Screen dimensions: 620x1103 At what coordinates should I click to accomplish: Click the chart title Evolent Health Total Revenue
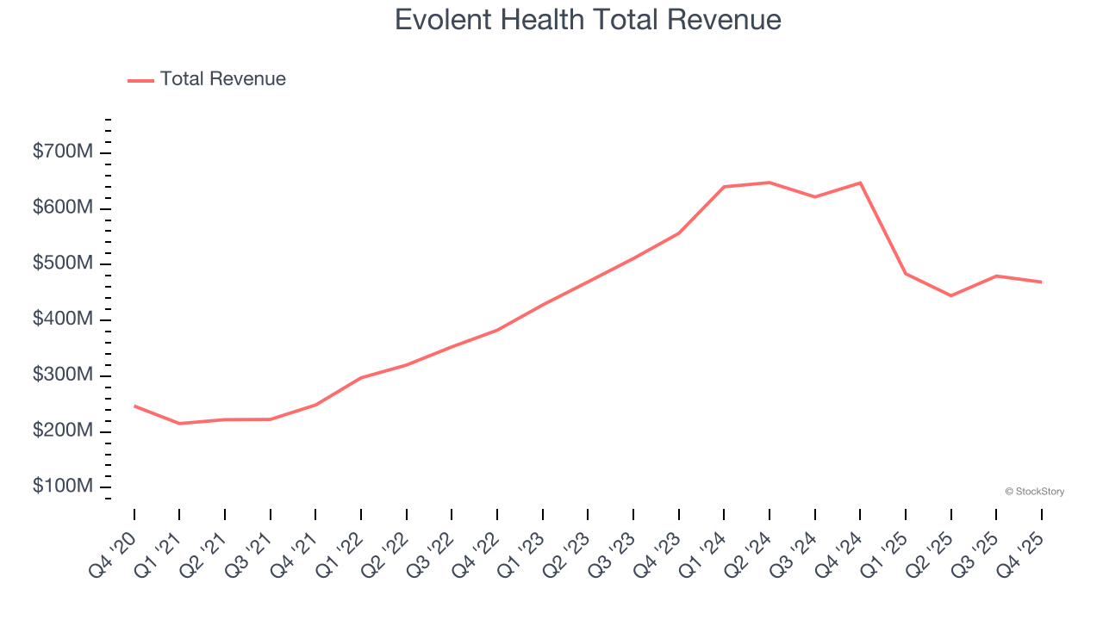point(588,20)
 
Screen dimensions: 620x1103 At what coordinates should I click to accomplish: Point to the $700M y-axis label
point(63,152)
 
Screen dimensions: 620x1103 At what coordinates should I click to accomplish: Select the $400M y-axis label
point(63,319)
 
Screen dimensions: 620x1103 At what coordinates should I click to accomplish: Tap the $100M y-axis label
point(63,487)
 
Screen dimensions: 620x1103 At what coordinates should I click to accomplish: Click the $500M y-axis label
point(63,263)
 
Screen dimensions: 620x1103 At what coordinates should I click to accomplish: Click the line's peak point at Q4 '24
point(860,183)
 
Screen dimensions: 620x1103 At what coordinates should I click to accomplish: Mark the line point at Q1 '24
point(724,187)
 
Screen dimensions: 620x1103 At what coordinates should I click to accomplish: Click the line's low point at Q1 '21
point(179,424)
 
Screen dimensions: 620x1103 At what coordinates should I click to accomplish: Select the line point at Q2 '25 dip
point(951,295)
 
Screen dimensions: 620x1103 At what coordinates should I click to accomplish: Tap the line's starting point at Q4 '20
point(134,406)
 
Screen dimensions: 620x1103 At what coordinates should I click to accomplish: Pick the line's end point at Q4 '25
point(1042,282)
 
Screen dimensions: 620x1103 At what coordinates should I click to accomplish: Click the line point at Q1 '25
point(906,274)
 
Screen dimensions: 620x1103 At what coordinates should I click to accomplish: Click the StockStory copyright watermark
point(1034,492)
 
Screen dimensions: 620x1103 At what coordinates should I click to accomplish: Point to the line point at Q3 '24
point(814,197)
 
